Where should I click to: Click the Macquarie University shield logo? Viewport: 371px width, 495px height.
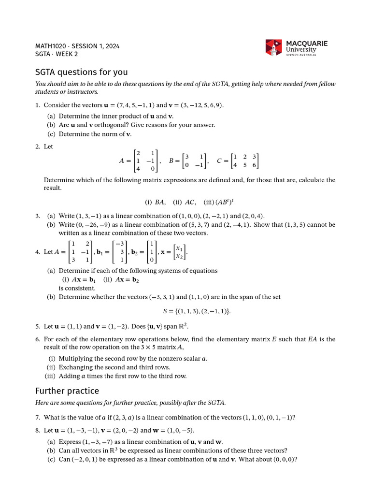click(273, 47)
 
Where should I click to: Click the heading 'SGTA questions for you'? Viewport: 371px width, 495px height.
click(81, 72)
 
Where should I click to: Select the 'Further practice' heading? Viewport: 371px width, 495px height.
click(67, 391)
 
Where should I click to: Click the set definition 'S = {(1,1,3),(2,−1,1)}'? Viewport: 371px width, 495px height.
click(197, 311)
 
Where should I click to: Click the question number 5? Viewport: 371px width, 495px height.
click(37, 326)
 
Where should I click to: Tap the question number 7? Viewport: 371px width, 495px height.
click(37, 417)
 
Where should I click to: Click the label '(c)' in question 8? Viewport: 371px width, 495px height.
click(51, 459)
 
